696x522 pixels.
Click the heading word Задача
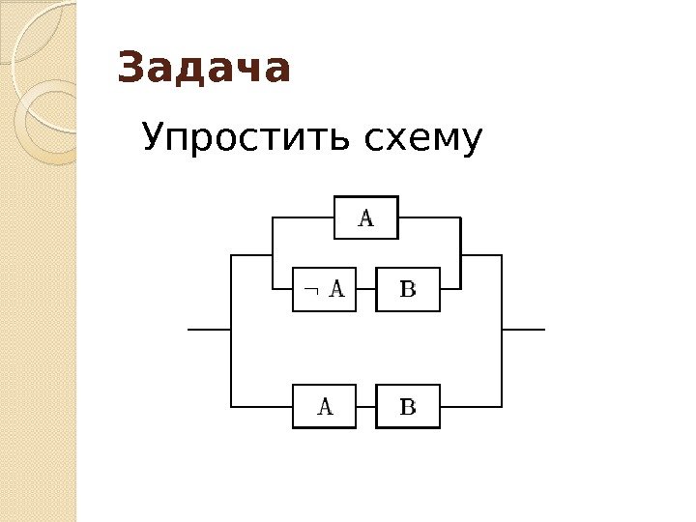pyautogui.click(x=204, y=70)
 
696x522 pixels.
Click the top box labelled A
pyautogui.click(x=366, y=217)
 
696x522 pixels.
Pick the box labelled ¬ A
pyautogui.click(x=325, y=288)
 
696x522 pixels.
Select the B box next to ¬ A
pyautogui.click(x=408, y=288)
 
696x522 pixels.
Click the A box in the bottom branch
pyautogui.click(x=325, y=406)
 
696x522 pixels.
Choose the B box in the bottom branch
pyautogui.click(x=408, y=406)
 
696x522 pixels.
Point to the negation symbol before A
pyautogui.click(x=308, y=288)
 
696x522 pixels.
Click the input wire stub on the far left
pyautogui.click(x=208, y=329)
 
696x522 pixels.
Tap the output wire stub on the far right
pyautogui.click(x=524, y=329)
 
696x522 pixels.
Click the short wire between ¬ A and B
pyautogui.click(x=366, y=288)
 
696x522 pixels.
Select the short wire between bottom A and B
pyautogui.click(x=366, y=406)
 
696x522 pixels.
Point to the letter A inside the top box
pyautogui.click(x=366, y=217)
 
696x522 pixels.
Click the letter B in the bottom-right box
pyautogui.click(x=408, y=406)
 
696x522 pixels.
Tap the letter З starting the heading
pyautogui.click(x=129, y=70)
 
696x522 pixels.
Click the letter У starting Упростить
pyautogui.click(x=154, y=140)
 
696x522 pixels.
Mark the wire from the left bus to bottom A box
pyautogui.click(x=262, y=406)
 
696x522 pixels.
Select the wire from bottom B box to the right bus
pyautogui.click(x=471, y=406)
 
